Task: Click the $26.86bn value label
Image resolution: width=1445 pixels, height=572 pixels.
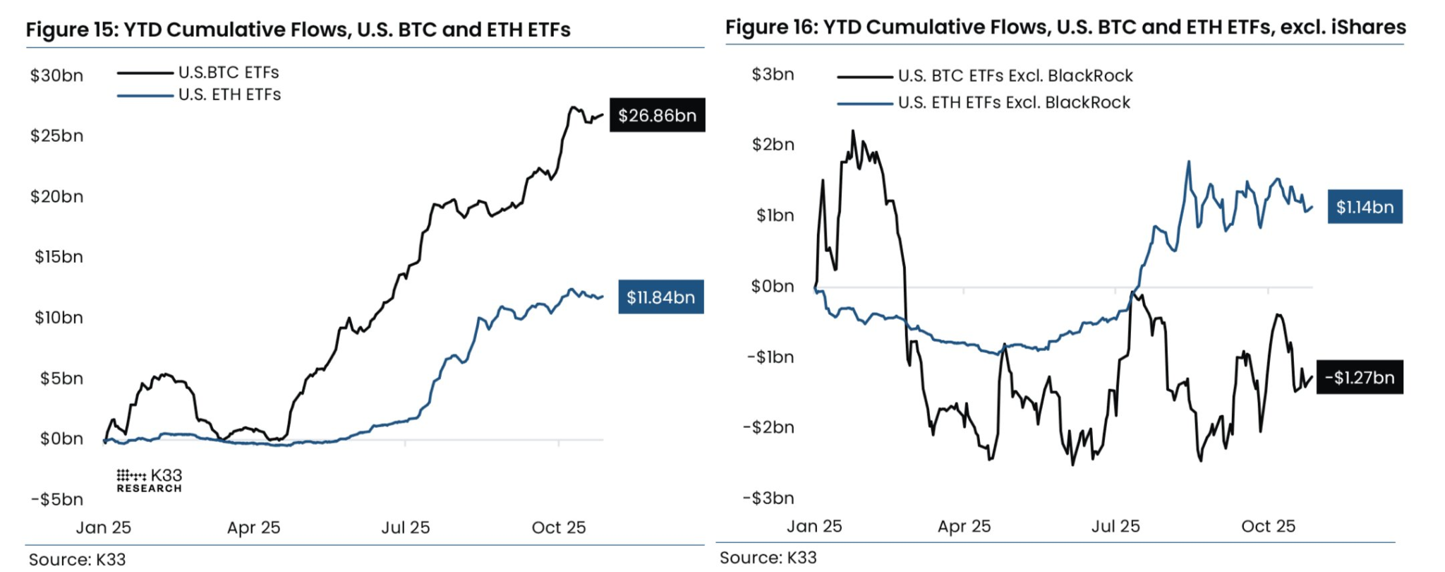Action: click(x=657, y=116)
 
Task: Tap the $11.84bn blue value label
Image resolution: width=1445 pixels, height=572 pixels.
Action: click(x=660, y=297)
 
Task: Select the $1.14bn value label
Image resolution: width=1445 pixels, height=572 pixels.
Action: click(x=1365, y=207)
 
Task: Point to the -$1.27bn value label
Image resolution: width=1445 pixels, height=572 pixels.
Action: click(x=1359, y=378)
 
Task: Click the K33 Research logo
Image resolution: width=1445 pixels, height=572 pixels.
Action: click(x=149, y=480)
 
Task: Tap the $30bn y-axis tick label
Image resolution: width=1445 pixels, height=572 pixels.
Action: click(x=56, y=76)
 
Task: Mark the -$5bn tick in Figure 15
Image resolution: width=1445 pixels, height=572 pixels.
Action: click(x=56, y=500)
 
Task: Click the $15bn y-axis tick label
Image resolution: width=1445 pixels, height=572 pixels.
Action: click(x=59, y=257)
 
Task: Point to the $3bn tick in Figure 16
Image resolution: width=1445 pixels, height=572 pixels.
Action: click(x=773, y=74)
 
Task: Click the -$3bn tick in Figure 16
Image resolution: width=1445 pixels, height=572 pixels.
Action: click(x=768, y=499)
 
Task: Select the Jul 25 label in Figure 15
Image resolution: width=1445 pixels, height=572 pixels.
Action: click(x=405, y=528)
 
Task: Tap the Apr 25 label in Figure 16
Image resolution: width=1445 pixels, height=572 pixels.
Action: click(x=964, y=526)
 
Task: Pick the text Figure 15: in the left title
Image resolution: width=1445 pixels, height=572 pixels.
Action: click(x=71, y=30)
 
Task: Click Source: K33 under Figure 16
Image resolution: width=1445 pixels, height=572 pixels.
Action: click(x=768, y=558)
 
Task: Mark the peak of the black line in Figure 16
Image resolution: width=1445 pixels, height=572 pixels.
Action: click(x=853, y=131)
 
